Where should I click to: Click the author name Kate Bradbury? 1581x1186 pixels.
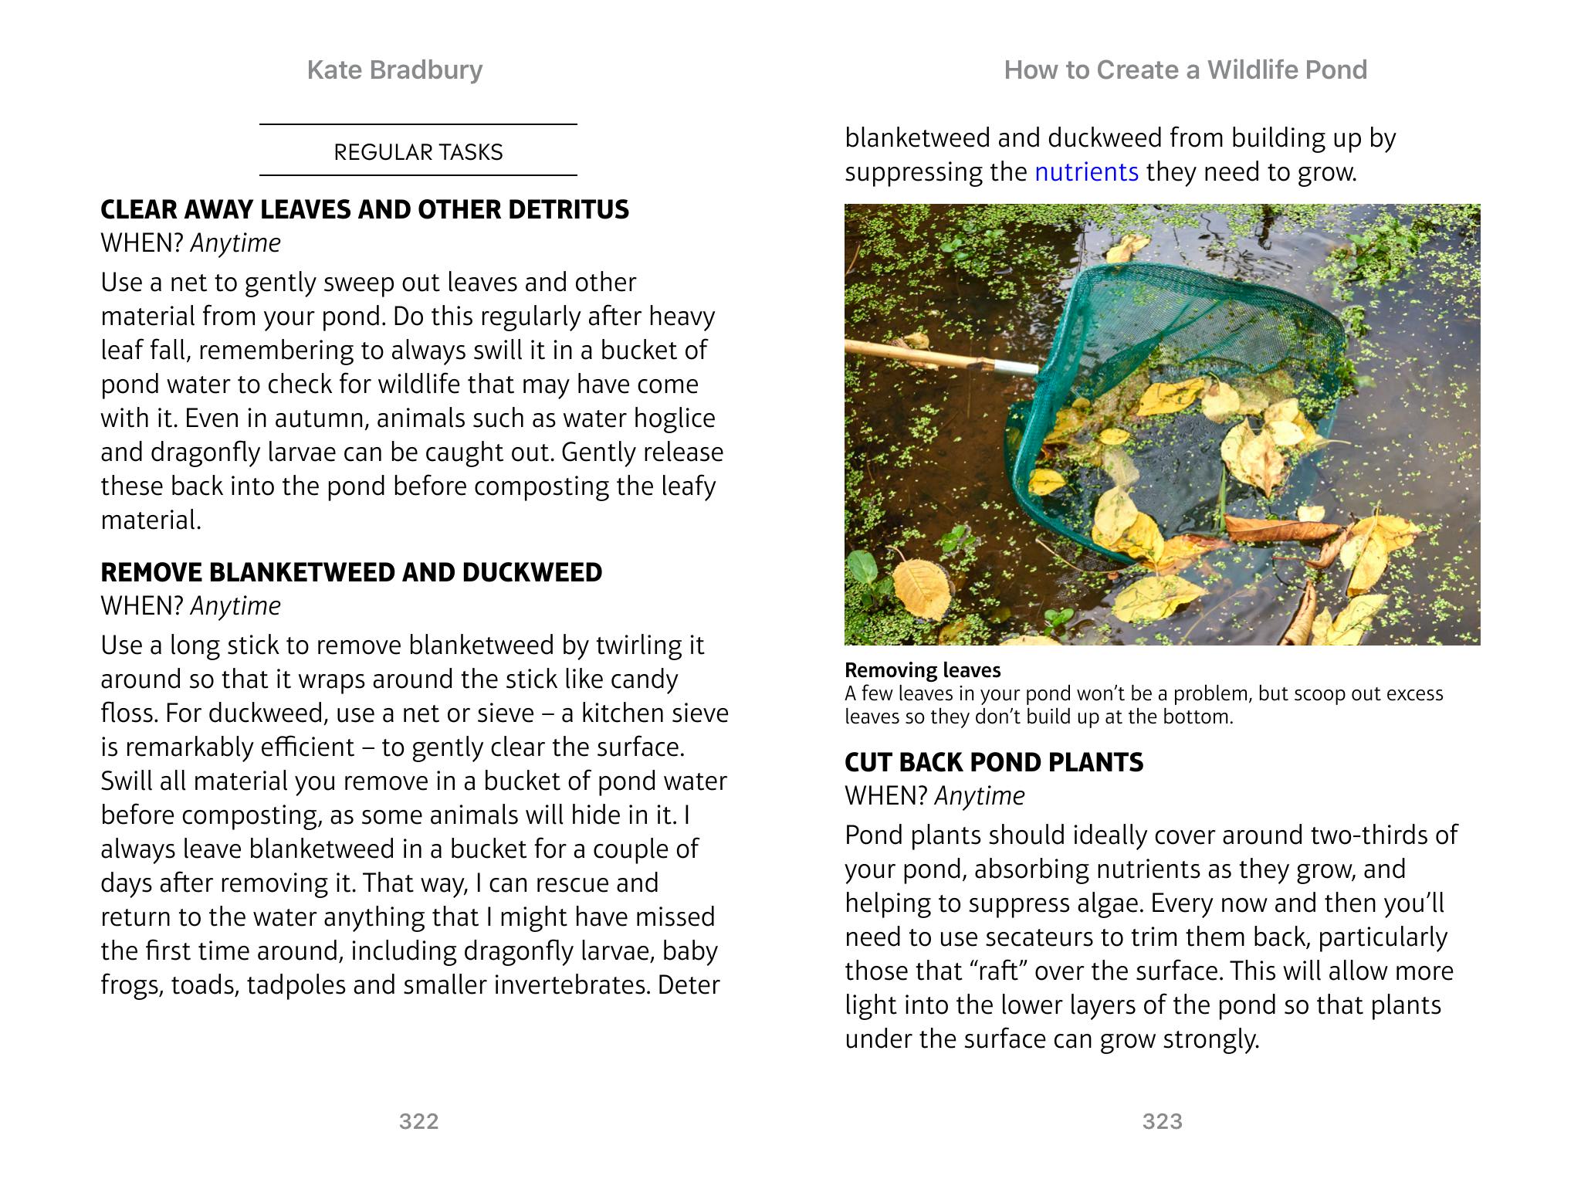pyautogui.click(x=394, y=70)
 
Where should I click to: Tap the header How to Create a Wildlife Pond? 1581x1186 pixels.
pyautogui.click(x=1185, y=70)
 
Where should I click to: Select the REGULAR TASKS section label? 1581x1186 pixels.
pyautogui.click(x=418, y=152)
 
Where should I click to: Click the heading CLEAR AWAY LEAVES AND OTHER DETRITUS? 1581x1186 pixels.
pyautogui.click(x=364, y=210)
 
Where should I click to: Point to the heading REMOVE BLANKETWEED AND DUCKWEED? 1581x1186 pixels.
pyautogui.click(x=351, y=572)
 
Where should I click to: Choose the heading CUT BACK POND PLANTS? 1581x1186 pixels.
pyautogui.click(x=994, y=762)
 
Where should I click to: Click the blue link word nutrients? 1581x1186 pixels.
pyautogui.click(x=1086, y=171)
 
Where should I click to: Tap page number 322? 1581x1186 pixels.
pyautogui.click(x=418, y=1121)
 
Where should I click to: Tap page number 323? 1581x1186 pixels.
pyautogui.click(x=1162, y=1121)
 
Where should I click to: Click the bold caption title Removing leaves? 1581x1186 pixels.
pyautogui.click(x=923, y=670)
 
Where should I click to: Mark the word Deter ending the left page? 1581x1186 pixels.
pyautogui.click(x=689, y=985)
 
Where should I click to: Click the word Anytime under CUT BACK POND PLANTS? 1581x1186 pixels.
pyautogui.click(x=980, y=796)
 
